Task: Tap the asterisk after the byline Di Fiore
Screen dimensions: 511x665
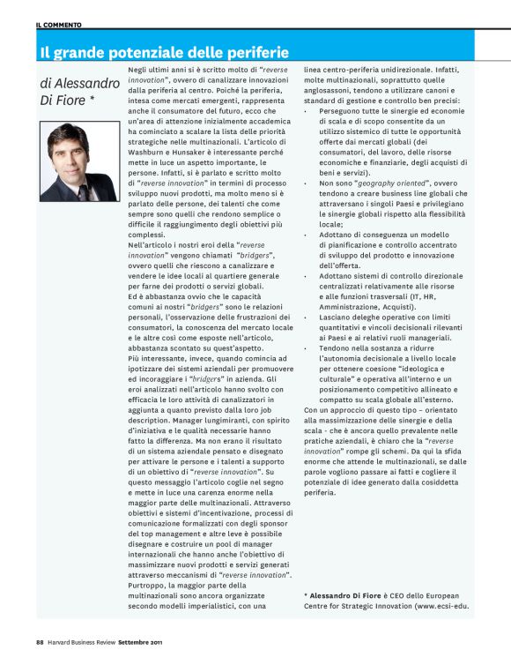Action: pyautogui.click(x=91, y=101)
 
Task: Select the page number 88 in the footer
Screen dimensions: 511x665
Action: pyautogui.click(x=41, y=640)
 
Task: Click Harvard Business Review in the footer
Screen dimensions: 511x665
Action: pyautogui.click(x=93, y=640)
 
